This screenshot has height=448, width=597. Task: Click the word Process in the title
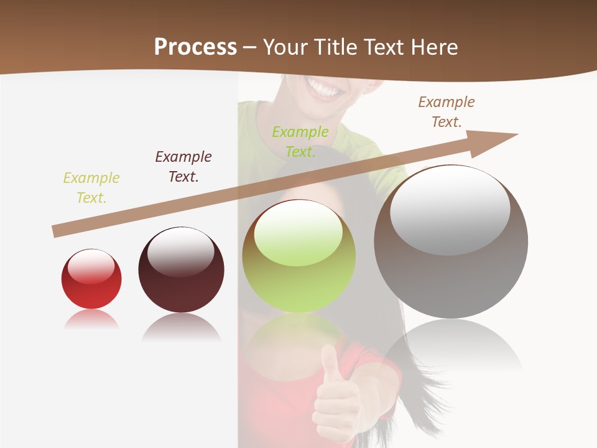tap(195, 47)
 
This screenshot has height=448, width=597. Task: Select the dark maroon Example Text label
tap(183, 167)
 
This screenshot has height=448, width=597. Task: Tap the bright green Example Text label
tap(300, 142)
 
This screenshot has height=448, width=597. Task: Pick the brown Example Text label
tap(447, 112)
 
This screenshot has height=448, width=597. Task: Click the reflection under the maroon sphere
tap(181, 327)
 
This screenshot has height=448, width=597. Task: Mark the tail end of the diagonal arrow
tap(55, 231)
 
